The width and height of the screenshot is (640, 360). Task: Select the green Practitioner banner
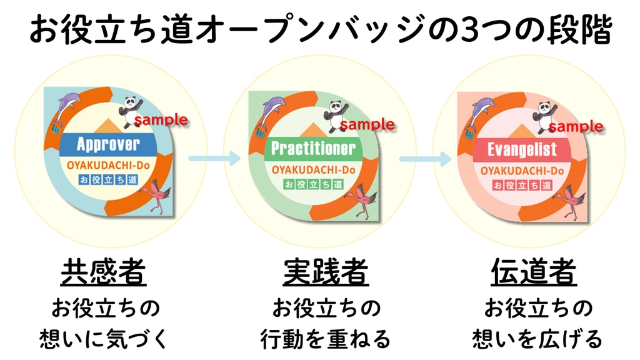click(312, 149)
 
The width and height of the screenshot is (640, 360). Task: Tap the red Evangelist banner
click(522, 150)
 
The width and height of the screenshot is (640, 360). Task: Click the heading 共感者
click(104, 272)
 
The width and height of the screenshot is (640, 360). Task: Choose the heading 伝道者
click(533, 272)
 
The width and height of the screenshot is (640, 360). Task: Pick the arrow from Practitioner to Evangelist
click(424, 159)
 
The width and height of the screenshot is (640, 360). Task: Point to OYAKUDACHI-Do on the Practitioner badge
click(313, 170)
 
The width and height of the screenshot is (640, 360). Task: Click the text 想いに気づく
click(104, 339)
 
